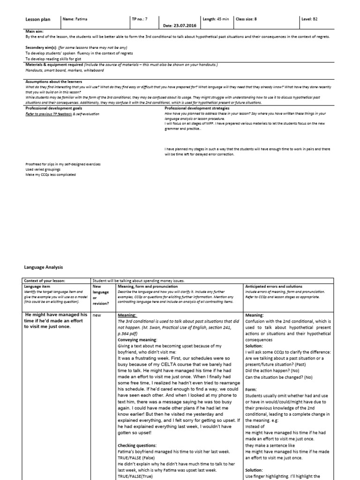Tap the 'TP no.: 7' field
pyautogui.click(x=140, y=19)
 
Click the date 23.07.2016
pyautogui.click(x=176, y=25)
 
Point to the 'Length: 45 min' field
pyautogui.click(x=216, y=19)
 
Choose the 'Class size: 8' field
pyautogui.click(x=246, y=19)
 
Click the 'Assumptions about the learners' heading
pyautogui.click(x=49, y=82)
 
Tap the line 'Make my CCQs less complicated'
pyautogui.click(x=51, y=175)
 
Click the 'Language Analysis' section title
pyautogui.click(x=43, y=267)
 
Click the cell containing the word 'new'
pyautogui.click(x=97, y=315)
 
